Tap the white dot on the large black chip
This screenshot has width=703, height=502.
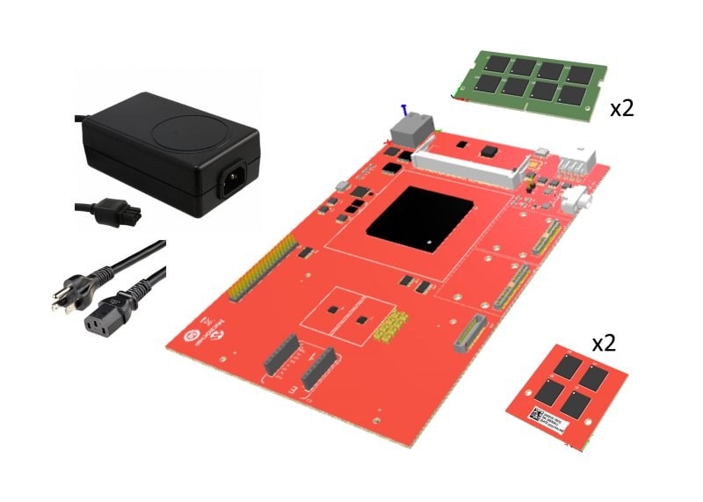click(428, 241)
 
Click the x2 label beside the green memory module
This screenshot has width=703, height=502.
click(622, 108)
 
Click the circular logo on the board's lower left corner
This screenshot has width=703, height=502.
click(187, 336)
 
